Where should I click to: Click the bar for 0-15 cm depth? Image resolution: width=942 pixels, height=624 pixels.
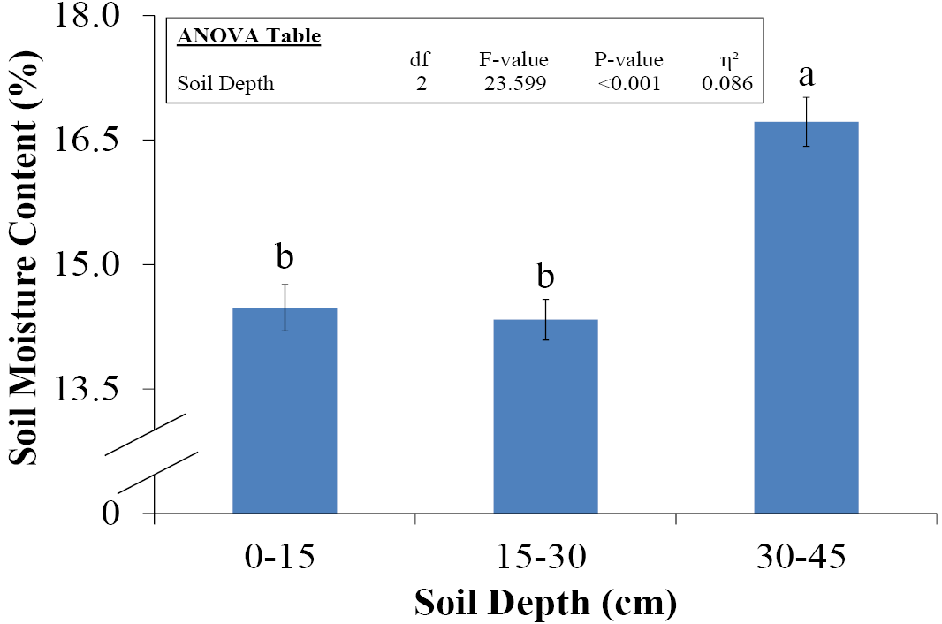pos(285,410)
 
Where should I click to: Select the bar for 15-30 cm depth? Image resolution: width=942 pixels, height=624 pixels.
pos(545,416)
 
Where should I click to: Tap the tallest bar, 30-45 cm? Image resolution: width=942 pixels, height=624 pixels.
pos(806,317)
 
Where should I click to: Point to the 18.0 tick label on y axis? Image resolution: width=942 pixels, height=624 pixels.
pos(87,15)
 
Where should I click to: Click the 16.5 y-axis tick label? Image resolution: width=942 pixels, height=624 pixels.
pos(87,140)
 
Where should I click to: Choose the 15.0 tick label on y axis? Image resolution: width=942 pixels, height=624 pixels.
pos(87,264)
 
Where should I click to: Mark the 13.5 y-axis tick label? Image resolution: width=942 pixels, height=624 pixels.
pos(87,389)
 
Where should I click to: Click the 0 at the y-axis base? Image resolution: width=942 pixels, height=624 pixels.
pos(110,514)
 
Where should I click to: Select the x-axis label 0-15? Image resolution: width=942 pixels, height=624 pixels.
pos(280,557)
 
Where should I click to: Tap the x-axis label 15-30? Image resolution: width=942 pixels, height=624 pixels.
pos(542,557)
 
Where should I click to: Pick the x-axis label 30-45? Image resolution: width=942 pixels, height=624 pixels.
pos(801,557)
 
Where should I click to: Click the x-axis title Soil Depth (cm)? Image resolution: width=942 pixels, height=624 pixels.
pos(545,603)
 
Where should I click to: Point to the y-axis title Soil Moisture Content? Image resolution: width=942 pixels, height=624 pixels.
pos(24,257)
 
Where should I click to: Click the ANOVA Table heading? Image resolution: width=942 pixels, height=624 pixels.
pos(248,36)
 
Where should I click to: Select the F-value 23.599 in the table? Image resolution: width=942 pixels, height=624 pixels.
pos(515,83)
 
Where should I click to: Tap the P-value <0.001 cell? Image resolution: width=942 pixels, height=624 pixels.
pos(629,83)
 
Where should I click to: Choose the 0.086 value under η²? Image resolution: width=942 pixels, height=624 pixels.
pos(727,83)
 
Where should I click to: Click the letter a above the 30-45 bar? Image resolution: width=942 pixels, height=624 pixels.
pos(806,76)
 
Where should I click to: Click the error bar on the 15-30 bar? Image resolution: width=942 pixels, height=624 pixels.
pos(545,319)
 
